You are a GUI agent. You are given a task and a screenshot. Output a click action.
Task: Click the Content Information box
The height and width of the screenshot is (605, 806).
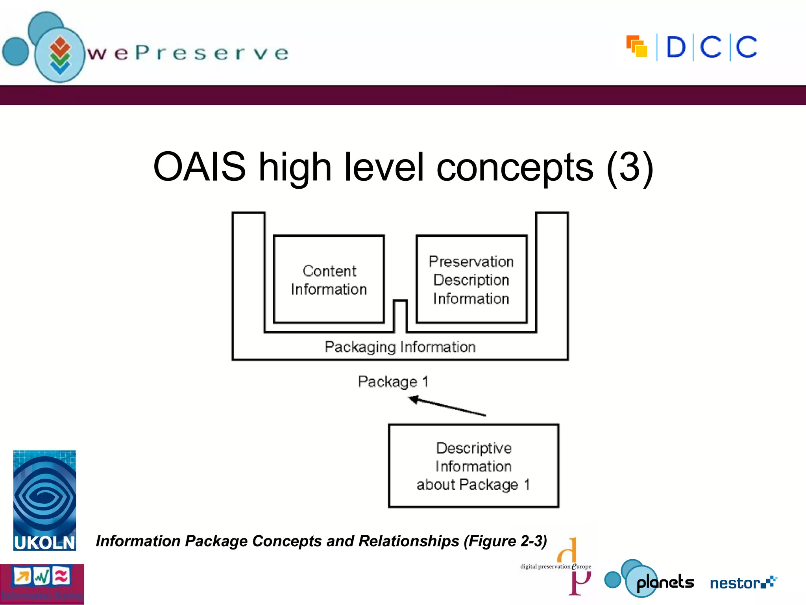[329, 280]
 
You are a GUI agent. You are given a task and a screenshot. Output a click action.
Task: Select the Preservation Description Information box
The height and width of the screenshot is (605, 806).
[471, 280]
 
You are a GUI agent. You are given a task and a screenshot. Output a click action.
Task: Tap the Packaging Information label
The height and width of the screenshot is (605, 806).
[400, 347]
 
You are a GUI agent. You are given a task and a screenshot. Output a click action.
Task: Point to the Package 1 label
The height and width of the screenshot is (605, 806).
[393, 381]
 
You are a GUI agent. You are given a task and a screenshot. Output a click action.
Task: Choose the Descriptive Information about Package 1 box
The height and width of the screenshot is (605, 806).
[473, 466]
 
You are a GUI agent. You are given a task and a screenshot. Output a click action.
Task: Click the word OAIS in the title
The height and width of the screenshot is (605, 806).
[199, 167]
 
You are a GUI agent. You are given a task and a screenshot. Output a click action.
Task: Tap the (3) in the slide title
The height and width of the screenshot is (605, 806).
[629, 168]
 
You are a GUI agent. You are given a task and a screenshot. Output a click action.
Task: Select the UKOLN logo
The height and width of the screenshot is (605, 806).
[44, 500]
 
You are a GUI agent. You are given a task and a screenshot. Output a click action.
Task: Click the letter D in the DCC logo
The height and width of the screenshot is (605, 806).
[676, 47]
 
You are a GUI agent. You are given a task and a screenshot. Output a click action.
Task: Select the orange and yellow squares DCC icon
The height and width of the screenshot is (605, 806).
[636, 46]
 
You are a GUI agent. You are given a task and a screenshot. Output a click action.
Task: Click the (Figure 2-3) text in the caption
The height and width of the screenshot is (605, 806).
[505, 541]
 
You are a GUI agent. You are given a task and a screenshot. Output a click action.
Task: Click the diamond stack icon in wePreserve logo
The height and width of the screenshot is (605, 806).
[60, 55]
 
